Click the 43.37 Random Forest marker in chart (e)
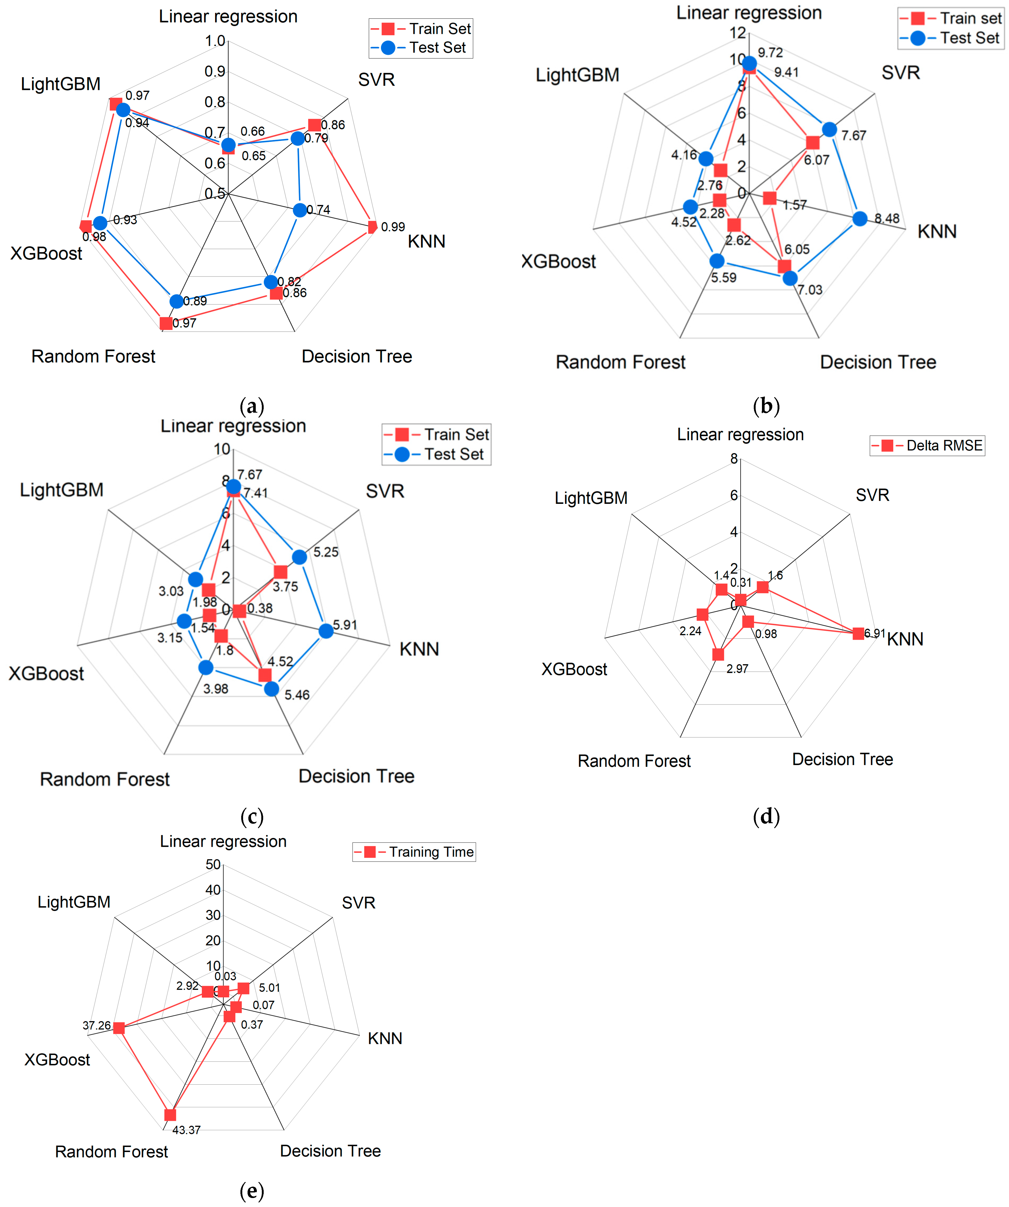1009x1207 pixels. (170, 1114)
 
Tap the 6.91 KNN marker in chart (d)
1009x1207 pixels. (858, 633)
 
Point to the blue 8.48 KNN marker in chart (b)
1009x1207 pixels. (860, 218)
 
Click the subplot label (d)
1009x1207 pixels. (766, 816)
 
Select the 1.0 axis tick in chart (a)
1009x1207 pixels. (216, 41)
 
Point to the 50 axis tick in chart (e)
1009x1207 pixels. (213, 864)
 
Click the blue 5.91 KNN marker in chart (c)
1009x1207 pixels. (326, 630)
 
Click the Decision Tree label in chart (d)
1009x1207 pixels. (842, 759)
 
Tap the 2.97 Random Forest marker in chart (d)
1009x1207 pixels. (718, 654)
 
